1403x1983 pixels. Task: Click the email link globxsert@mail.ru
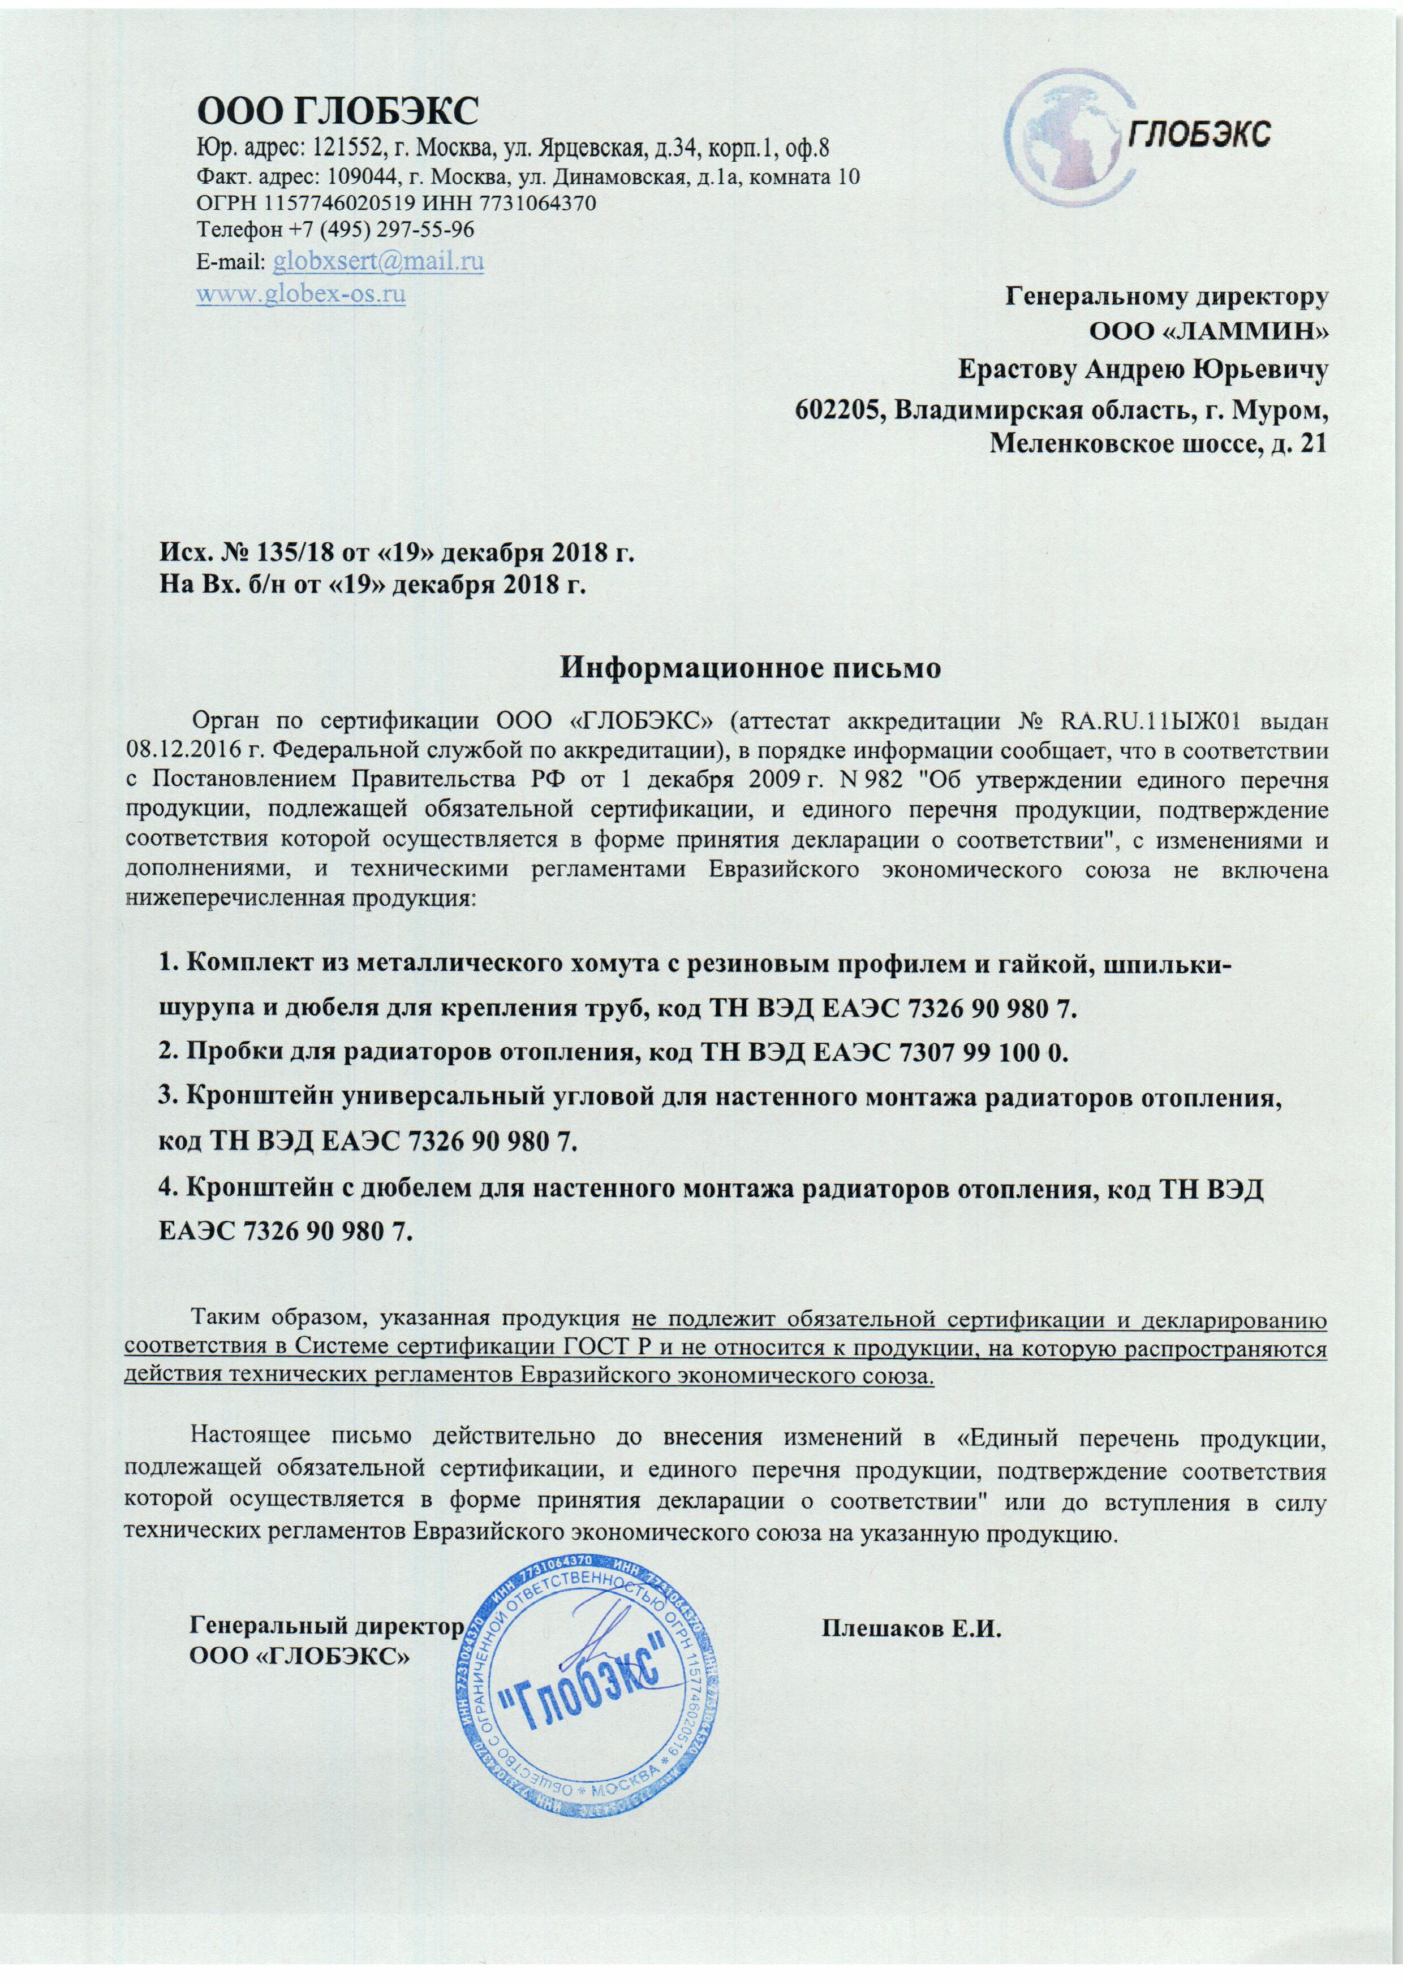click(x=377, y=260)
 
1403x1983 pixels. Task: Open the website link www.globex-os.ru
click(x=302, y=293)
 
